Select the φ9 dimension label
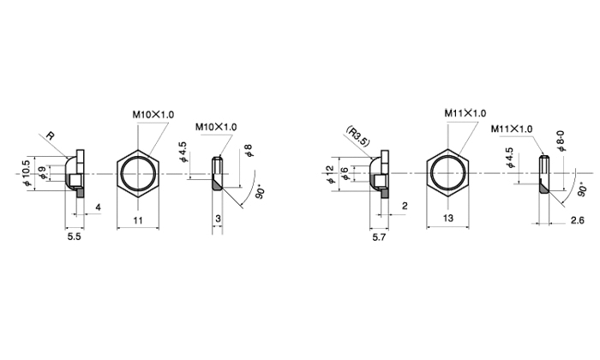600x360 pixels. (43, 173)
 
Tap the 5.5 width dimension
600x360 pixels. (75, 237)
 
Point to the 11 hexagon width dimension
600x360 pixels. (138, 220)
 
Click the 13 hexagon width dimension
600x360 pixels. (448, 219)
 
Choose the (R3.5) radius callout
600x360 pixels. (358, 136)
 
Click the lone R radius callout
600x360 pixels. (50, 135)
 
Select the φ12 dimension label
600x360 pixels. (330, 173)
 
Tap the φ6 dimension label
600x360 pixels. (345, 174)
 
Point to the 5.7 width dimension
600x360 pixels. (379, 237)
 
